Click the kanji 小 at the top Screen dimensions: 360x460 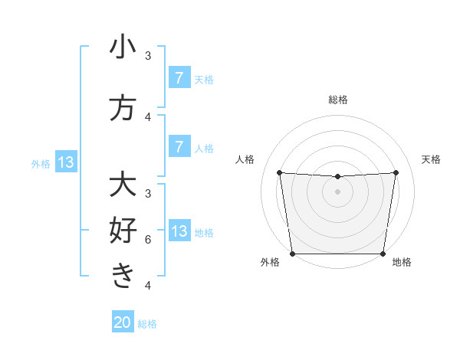(x=123, y=47)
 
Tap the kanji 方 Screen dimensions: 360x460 (x=123, y=108)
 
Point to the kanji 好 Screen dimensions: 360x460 (x=123, y=231)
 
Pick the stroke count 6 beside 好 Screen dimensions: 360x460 (x=148, y=240)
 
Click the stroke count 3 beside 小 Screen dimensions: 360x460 (x=148, y=56)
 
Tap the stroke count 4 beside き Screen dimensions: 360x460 (x=148, y=286)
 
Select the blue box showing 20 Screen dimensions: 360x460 (x=123, y=322)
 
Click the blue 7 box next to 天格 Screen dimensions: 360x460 (x=179, y=77)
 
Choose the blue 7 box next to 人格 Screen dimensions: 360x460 (x=179, y=146)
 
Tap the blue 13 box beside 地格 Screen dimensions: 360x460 (x=179, y=231)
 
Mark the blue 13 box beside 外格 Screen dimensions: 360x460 (x=65, y=162)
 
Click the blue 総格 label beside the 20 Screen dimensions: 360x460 (x=147, y=323)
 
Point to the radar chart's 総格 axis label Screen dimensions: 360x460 (x=337, y=100)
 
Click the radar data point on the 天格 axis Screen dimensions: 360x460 (x=396, y=172)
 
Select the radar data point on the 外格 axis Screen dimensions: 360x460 (x=292, y=254)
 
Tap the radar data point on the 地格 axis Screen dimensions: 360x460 (x=383, y=254)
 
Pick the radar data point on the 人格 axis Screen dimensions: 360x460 (x=279, y=172)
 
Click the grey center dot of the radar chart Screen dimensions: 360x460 (x=337, y=191)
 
